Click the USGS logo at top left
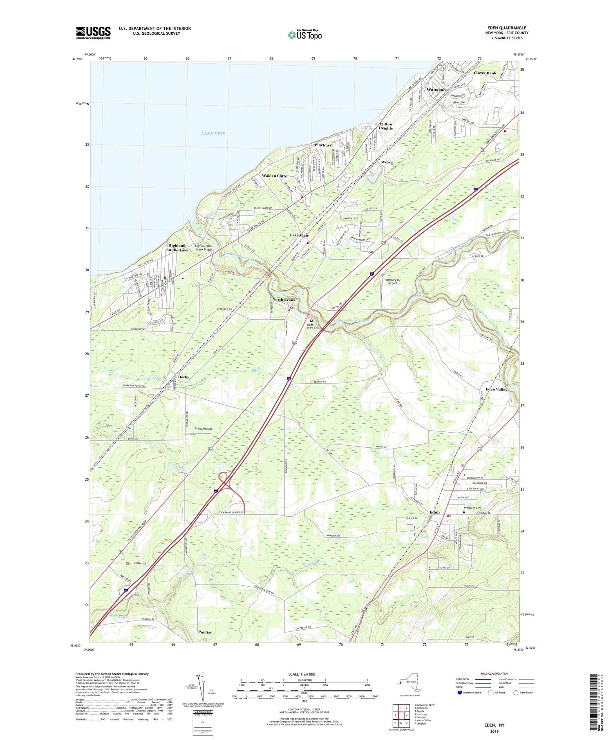click(93, 33)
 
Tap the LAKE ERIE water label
click(213, 133)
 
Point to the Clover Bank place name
click(485, 73)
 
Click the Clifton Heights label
click(385, 126)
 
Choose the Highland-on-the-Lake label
click(178, 248)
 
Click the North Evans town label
click(284, 300)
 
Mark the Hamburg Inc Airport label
click(392, 282)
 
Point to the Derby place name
click(183, 377)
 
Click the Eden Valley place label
click(496, 389)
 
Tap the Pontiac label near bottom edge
click(205, 632)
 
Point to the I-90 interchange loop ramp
click(224, 478)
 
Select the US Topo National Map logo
click(304, 35)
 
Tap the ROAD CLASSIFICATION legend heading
click(494, 674)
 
